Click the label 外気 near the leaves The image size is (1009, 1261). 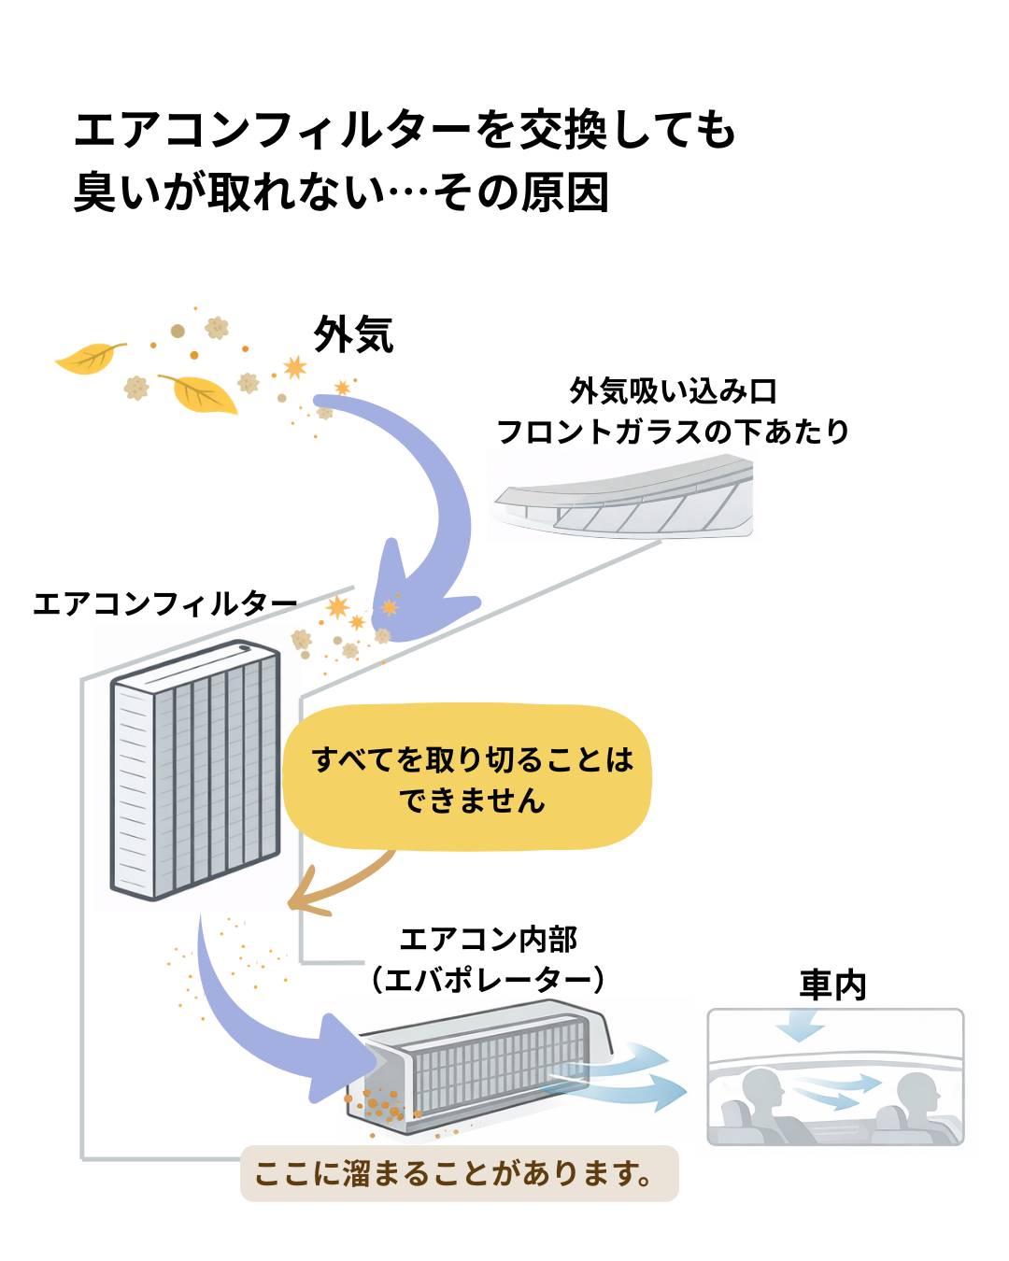click(353, 334)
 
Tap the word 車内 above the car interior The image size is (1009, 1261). click(833, 985)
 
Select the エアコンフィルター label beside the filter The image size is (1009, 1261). click(164, 603)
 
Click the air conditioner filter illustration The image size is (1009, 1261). click(195, 771)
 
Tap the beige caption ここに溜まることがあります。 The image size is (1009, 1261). click(458, 1173)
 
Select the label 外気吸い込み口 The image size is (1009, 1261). click(673, 390)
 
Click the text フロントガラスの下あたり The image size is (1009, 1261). click(673, 432)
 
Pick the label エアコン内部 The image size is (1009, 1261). click(488, 939)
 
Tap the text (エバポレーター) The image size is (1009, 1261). click(488, 980)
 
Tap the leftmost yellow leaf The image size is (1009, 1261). click(88, 358)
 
